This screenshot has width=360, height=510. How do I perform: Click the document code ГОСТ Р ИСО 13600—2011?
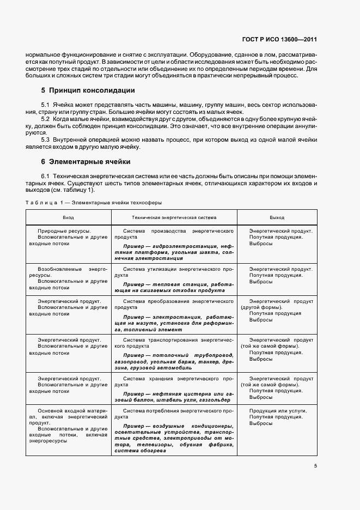279,40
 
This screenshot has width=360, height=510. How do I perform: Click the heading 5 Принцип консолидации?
88,90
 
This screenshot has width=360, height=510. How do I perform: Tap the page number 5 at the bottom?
315,465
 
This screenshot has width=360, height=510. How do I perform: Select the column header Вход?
68,217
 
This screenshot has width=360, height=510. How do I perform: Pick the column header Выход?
277,217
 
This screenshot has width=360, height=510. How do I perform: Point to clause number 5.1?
46,104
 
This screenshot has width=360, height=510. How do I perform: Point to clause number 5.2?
46,118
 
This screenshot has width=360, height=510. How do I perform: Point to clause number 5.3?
46,140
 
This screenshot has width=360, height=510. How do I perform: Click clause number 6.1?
46,175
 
